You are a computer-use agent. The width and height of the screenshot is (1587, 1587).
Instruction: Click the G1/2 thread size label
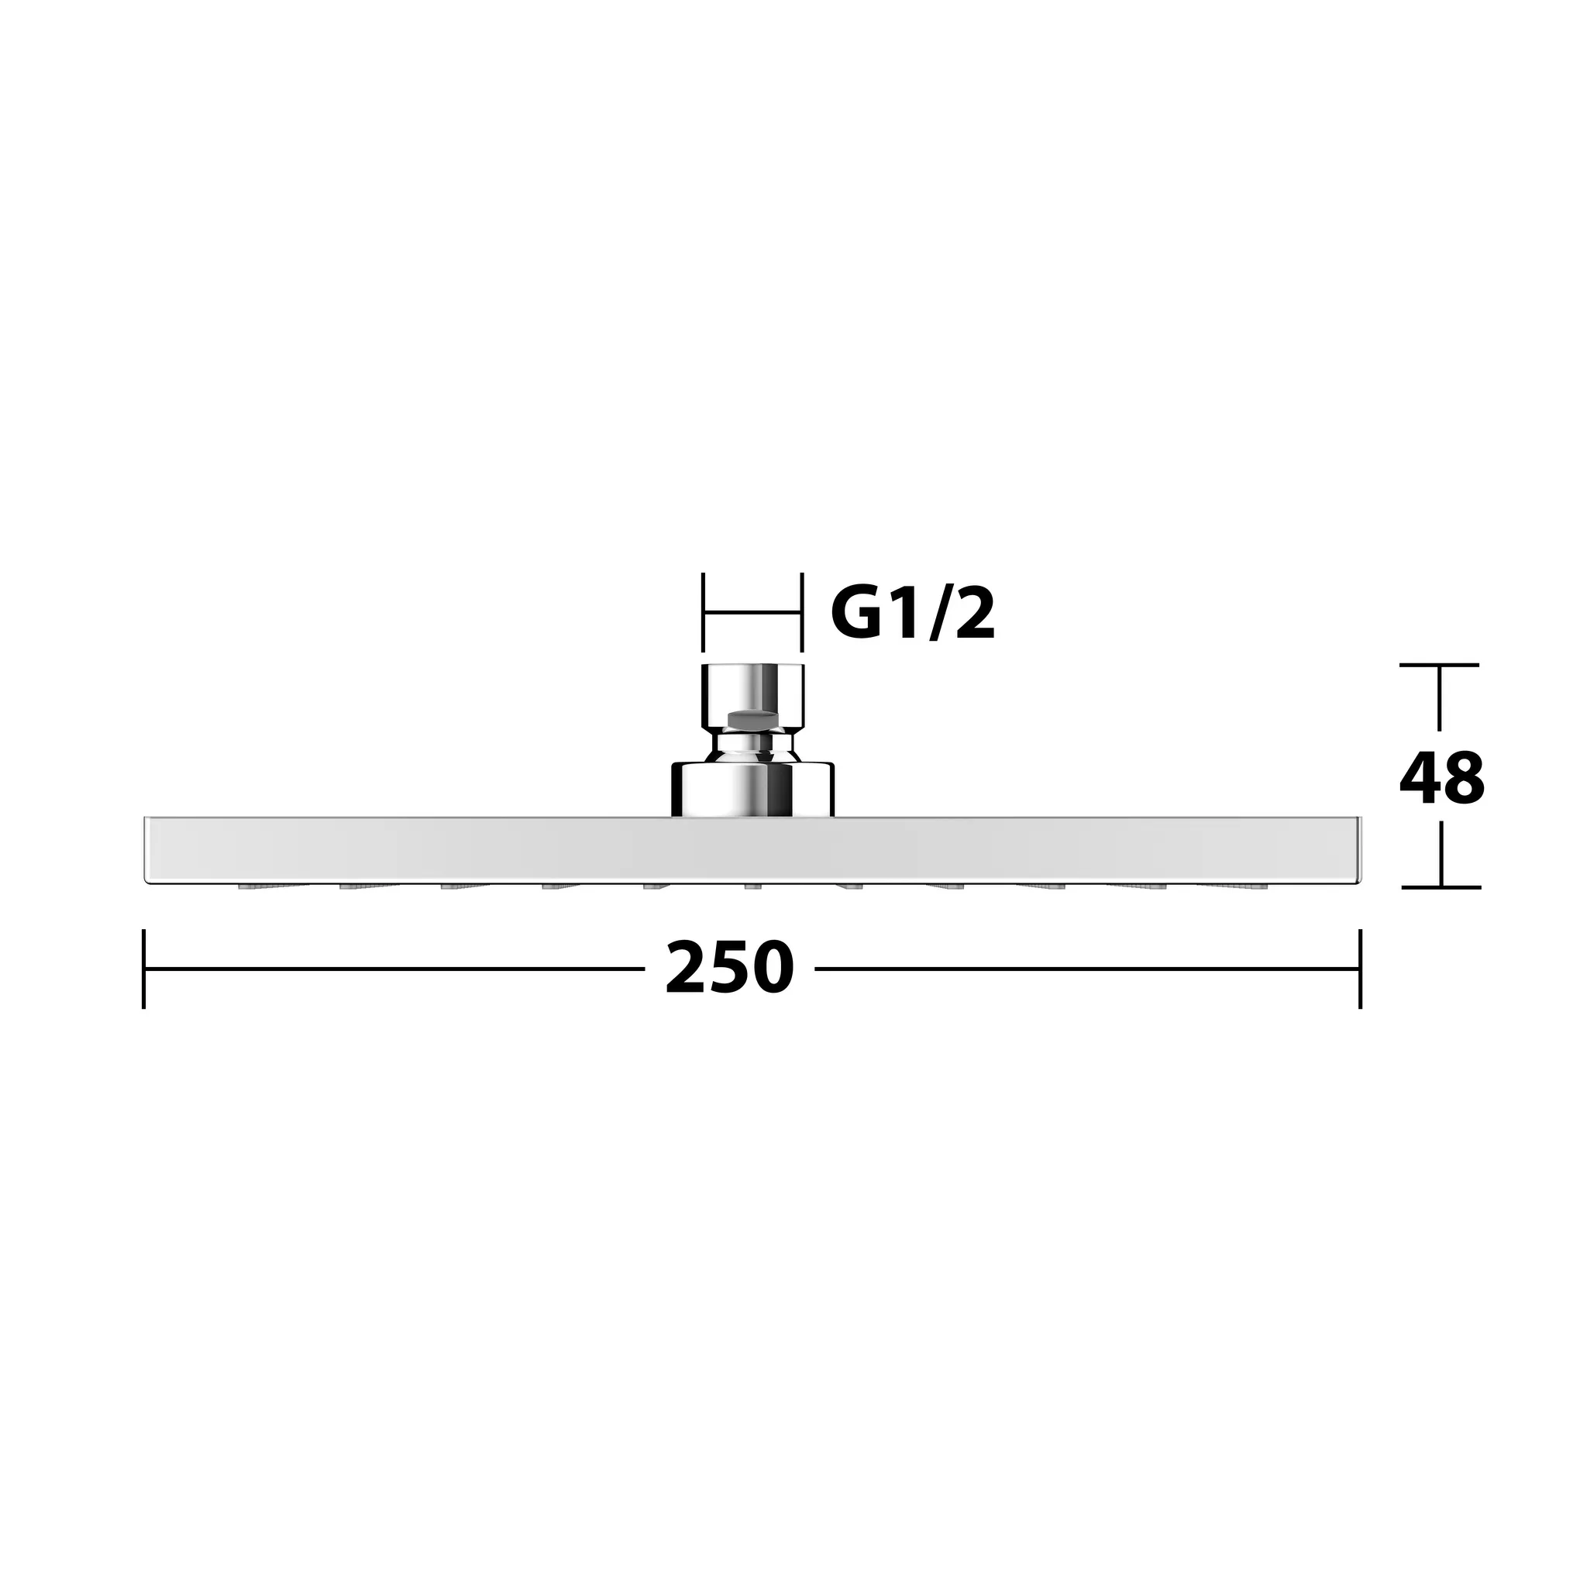tap(913, 614)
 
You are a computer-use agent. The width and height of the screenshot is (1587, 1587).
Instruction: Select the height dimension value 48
tap(1441, 778)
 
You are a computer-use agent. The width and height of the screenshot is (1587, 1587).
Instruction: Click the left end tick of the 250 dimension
tap(145, 969)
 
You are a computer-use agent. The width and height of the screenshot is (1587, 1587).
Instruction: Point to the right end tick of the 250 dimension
tap(1360, 969)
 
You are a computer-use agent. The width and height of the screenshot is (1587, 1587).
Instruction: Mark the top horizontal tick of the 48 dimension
tap(1439, 665)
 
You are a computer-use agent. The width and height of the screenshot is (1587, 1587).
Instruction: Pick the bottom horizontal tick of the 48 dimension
tap(1441, 887)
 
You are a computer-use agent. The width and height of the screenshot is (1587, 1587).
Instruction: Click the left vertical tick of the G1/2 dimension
tap(704, 613)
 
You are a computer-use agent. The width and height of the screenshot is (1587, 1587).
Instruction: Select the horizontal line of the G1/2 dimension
tap(752, 612)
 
